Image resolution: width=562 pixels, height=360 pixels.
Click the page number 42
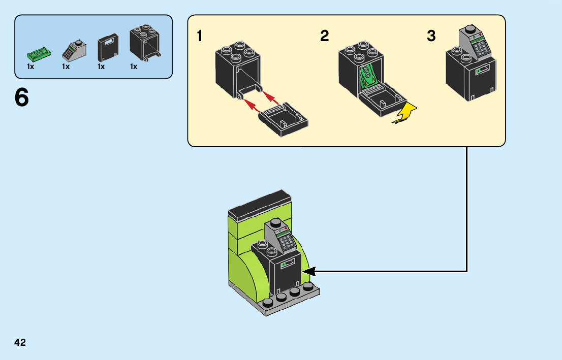pyautogui.click(x=20, y=342)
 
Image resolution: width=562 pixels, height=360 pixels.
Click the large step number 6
pyautogui.click(x=22, y=97)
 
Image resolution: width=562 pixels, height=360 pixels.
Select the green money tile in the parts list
pyautogui.click(x=39, y=55)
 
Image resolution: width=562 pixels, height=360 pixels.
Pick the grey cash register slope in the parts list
pyautogui.click(x=74, y=51)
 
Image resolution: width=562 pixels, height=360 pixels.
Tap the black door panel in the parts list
pyautogui.click(x=108, y=48)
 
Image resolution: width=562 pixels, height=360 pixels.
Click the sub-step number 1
pyautogui.click(x=200, y=36)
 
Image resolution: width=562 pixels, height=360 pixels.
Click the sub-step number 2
pyautogui.click(x=324, y=36)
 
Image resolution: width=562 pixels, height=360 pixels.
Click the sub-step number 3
pyautogui.click(x=431, y=36)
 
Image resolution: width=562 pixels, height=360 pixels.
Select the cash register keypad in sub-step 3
pyautogui.click(x=480, y=47)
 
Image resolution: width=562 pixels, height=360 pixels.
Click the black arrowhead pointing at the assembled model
pyautogui.click(x=309, y=271)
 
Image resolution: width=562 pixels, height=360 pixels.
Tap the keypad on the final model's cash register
pyautogui.click(x=285, y=240)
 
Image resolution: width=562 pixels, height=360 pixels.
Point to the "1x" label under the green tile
pyautogui.click(x=30, y=67)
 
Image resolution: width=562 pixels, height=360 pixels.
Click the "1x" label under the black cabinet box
pyautogui.click(x=134, y=67)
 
